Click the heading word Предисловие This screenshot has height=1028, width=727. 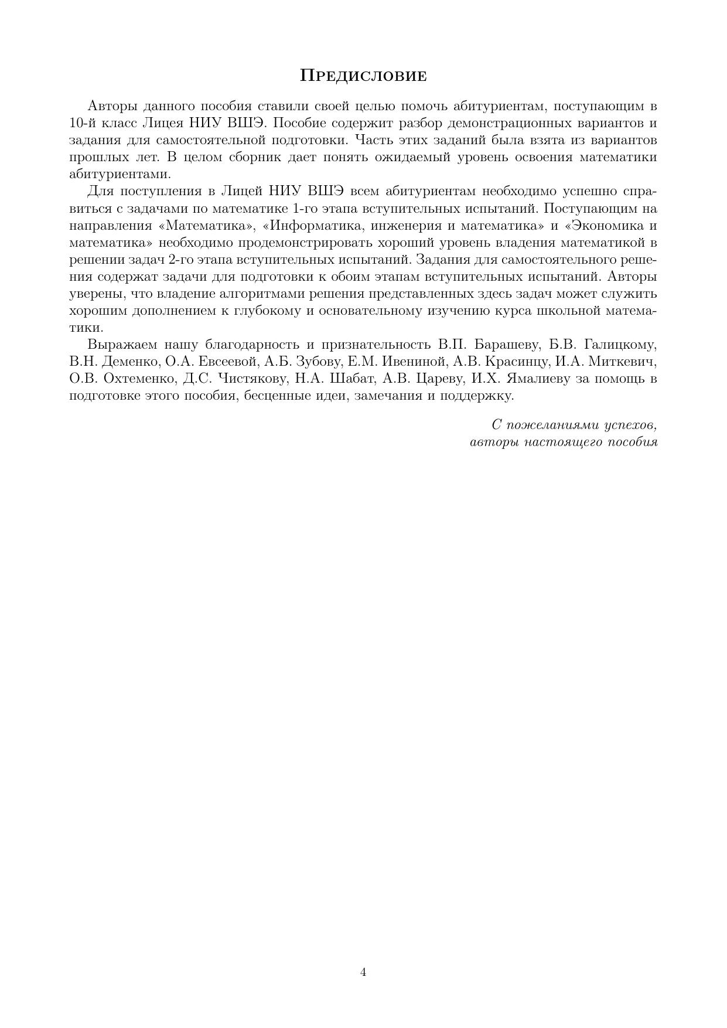(x=363, y=76)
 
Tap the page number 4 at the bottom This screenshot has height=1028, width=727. (x=363, y=972)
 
